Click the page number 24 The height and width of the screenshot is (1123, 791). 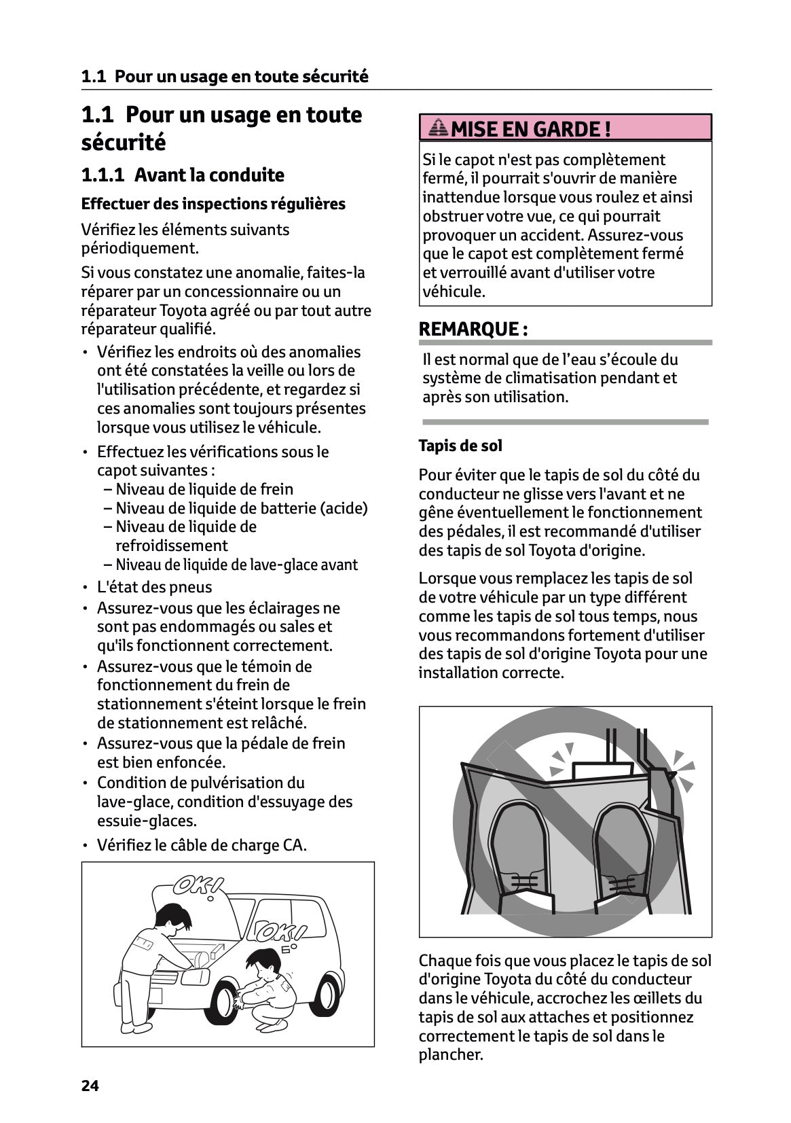90,1086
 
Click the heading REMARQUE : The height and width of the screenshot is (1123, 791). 473,329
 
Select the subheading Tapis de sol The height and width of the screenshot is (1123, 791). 460,446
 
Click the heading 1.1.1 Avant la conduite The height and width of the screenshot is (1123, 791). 183,175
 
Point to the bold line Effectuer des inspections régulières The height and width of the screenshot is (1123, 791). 213,204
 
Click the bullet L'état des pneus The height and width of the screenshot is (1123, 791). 154,587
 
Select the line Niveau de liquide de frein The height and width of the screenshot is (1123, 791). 204,489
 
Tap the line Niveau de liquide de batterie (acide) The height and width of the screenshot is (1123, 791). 241,508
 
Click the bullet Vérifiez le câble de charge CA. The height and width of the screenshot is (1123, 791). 202,845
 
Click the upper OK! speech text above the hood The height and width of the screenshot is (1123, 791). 198,886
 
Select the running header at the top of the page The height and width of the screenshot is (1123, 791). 225,77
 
